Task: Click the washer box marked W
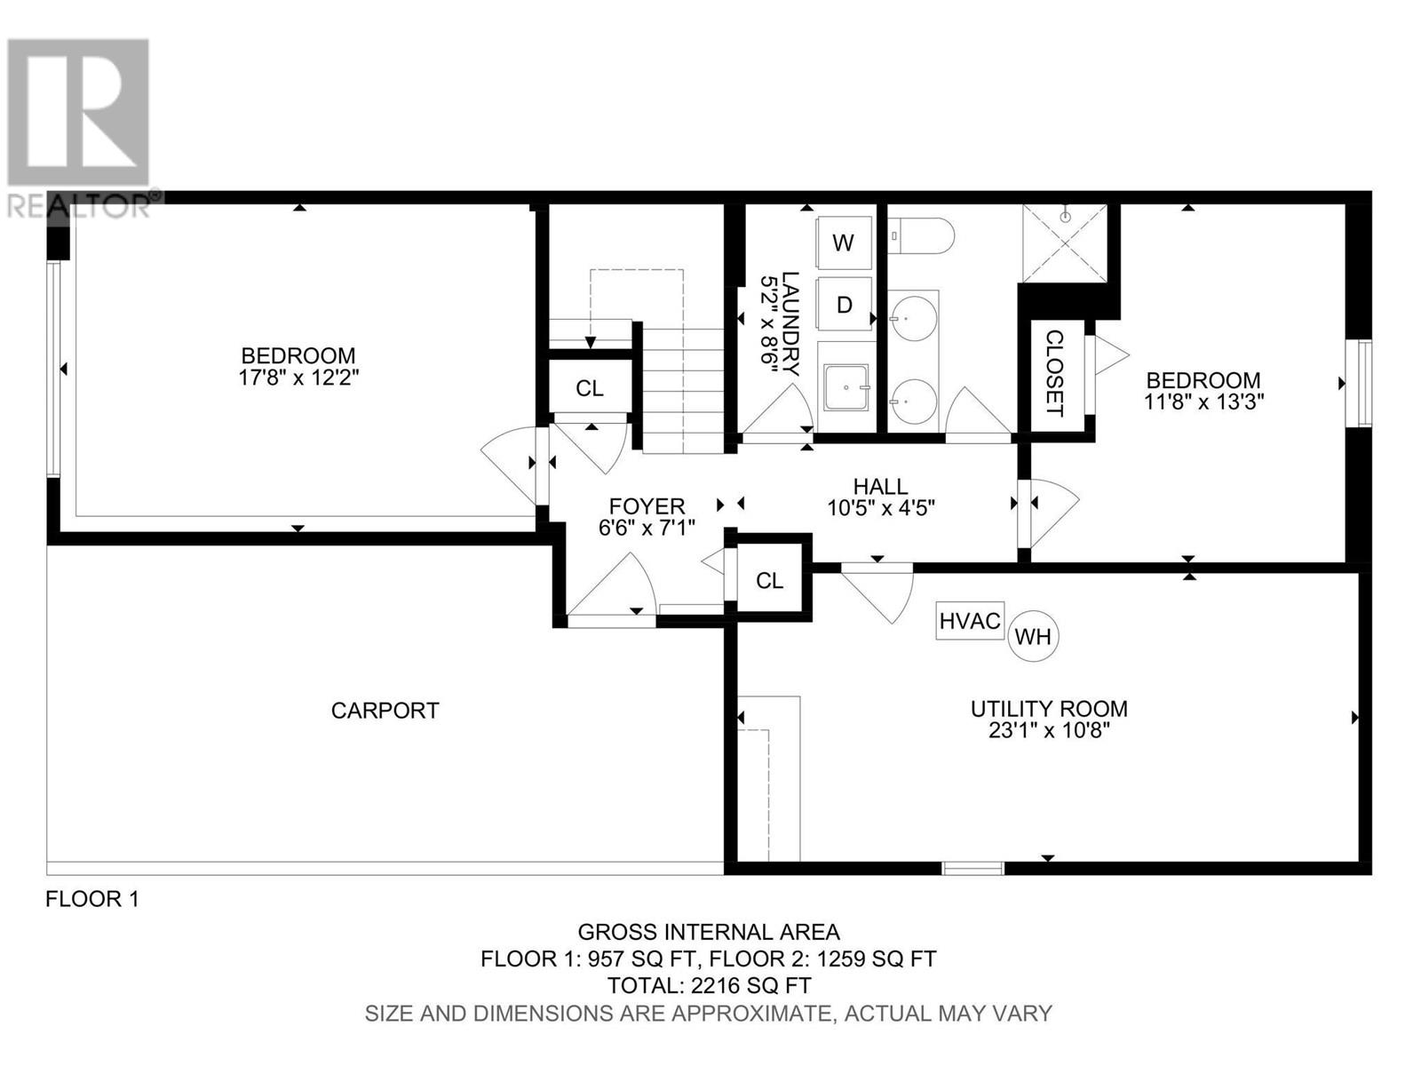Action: [x=843, y=243]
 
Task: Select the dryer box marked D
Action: [x=844, y=304]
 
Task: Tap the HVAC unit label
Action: [x=969, y=621]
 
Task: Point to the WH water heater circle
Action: [x=1033, y=636]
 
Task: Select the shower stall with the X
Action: [x=1064, y=243]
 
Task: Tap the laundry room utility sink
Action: [x=846, y=387]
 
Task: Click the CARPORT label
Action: [x=385, y=711]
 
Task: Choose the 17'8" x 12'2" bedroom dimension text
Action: [x=298, y=378]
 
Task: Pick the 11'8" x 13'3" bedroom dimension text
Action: [x=1203, y=402]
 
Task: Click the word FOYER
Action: [x=647, y=506]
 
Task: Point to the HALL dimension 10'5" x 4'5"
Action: [x=880, y=508]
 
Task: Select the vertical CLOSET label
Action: [x=1054, y=373]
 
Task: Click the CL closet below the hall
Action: [x=769, y=581]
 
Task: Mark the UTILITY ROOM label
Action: [x=1049, y=709]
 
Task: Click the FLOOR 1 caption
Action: [x=92, y=899]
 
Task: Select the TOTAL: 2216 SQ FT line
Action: [x=708, y=986]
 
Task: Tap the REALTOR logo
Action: [x=79, y=127]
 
